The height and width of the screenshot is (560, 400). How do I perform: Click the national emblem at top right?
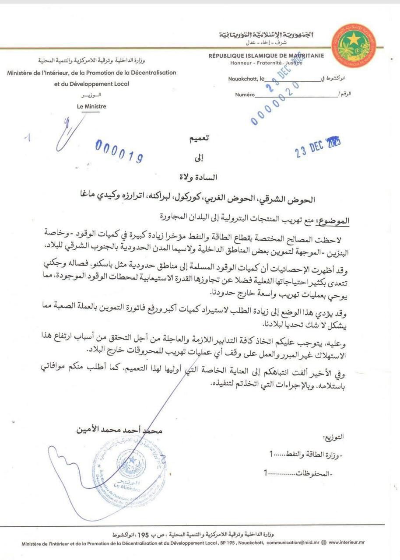354,45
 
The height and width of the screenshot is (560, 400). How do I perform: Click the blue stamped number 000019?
119,151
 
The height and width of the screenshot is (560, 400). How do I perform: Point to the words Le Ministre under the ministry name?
91,106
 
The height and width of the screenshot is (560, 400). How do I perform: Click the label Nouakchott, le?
246,79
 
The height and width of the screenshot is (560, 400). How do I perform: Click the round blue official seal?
130,466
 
